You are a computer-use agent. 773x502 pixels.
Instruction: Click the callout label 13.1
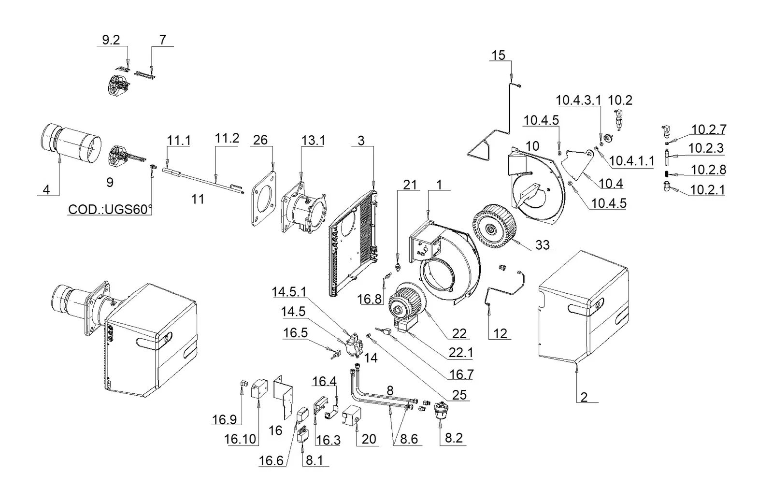[x=313, y=141]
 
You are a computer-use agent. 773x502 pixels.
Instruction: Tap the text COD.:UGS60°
[x=110, y=209]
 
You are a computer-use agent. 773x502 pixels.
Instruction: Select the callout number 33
[x=542, y=244]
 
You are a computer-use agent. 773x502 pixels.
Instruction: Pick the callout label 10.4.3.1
[x=578, y=100]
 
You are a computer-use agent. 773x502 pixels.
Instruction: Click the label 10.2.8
[x=708, y=170]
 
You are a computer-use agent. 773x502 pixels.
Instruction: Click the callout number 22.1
[x=461, y=353]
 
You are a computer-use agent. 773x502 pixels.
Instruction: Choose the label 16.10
[x=240, y=439]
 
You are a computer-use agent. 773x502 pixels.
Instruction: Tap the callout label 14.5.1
[x=289, y=292]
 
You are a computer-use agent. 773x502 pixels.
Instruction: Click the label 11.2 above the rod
[x=227, y=138]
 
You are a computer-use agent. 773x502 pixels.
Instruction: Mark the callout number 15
[x=498, y=55]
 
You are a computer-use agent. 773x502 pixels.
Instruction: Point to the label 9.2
[x=111, y=40]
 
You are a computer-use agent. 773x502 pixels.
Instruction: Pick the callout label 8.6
[x=409, y=439]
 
